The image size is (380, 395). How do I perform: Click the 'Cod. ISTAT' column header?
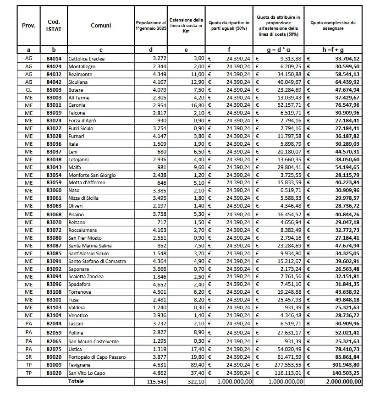coord(54,26)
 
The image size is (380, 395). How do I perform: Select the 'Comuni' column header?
coord(101,26)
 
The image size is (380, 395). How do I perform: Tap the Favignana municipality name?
coord(80,365)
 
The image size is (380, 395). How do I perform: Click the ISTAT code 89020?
coord(54,357)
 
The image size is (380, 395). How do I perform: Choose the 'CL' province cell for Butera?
coord(28,90)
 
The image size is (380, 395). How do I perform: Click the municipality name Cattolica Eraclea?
coord(86,59)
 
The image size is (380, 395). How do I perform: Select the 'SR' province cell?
coord(28,357)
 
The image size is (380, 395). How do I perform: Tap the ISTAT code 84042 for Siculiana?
coord(54,82)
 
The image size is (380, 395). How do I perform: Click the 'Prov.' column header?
coord(28,26)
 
